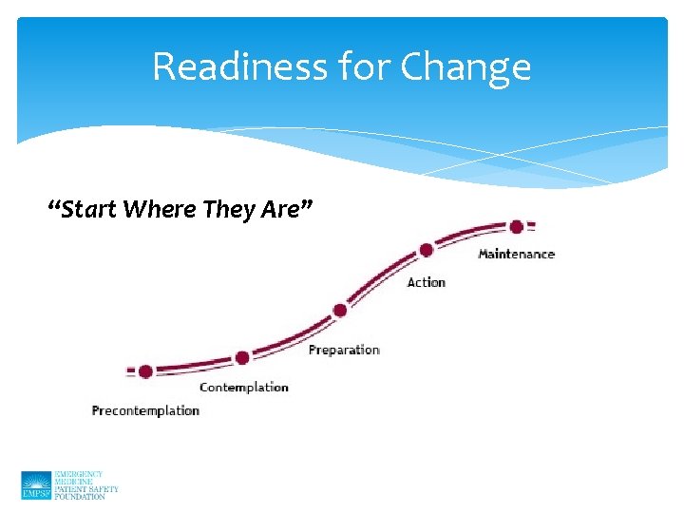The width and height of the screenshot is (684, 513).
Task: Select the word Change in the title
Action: (465, 68)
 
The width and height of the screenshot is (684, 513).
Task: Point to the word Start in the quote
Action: (91, 209)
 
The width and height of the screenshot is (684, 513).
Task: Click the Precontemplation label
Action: (145, 410)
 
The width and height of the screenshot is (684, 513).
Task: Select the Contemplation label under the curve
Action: (243, 387)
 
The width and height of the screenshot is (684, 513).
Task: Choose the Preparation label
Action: (344, 350)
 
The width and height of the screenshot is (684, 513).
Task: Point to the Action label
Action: (426, 282)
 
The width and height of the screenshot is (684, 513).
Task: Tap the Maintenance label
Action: (516, 254)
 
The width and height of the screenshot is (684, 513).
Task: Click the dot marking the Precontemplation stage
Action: (145, 371)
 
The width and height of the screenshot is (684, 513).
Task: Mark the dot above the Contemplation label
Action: (242, 358)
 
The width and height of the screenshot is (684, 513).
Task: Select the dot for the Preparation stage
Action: (339, 311)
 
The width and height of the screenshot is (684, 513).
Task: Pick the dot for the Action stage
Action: (427, 250)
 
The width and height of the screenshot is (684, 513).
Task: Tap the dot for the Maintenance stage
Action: (516, 227)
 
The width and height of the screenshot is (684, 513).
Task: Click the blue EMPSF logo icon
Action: (36, 485)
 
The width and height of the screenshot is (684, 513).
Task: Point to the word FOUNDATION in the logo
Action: (80, 497)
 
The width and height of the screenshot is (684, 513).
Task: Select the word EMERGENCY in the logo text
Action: (79, 474)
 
